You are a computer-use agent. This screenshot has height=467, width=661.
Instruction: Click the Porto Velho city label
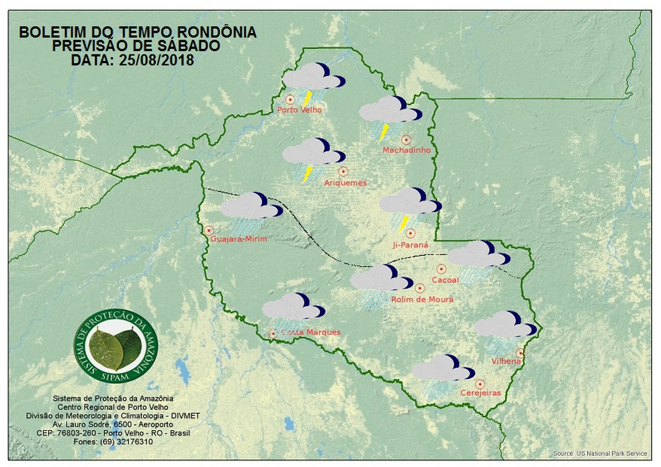pyautogui.click(x=300, y=110)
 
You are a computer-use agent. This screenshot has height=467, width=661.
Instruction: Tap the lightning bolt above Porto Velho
pyautogui.click(x=308, y=99)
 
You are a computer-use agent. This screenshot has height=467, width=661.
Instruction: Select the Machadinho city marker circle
pyautogui.click(x=406, y=140)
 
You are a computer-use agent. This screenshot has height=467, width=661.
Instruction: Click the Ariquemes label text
pyautogui.click(x=345, y=183)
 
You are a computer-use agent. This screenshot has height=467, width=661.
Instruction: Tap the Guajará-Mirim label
pyautogui.click(x=238, y=240)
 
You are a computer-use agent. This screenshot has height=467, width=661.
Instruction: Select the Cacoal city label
pyautogui.click(x=445, y=280)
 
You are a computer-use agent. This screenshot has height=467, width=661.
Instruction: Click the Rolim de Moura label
pyautogui.click(x=422, y=299)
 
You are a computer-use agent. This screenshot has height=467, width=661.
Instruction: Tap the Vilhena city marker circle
pyautogui.click(x=519, y=352)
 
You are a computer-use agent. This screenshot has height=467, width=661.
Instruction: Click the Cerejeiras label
pyautogui.click(x=480, y=393)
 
